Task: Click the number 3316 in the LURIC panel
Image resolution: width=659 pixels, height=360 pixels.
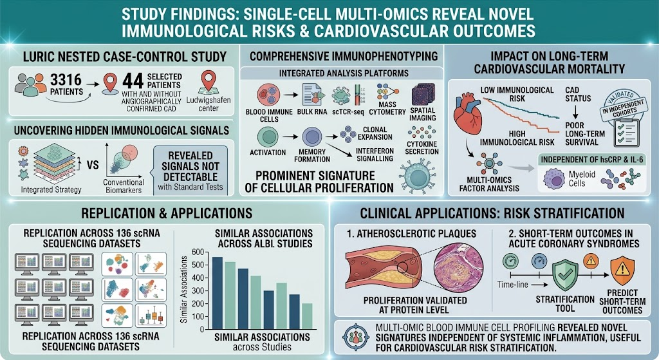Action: [x=66, y=79]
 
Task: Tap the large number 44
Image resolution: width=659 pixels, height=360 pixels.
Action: [x=133, y=81]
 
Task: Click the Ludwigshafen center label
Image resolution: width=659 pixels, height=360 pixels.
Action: [x=209, y=104]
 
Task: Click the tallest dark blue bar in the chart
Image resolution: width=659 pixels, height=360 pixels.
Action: [x=218, y=292]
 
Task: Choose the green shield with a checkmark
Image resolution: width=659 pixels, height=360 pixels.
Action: [x=565, y=275]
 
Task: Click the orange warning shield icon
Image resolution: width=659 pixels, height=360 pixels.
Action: [x=622, y=270]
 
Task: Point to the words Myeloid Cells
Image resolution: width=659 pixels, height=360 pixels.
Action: [x=582, y=179]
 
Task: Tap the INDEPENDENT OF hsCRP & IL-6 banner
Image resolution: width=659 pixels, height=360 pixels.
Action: [x=591, y=160]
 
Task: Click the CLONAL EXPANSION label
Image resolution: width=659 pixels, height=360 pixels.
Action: [x=375, y=133]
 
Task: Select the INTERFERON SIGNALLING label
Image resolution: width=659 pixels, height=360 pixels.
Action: [x=375, y=155]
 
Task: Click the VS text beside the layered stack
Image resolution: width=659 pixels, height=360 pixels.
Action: [x=93, y=165]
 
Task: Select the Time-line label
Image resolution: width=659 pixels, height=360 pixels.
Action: [x=512, y=285]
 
